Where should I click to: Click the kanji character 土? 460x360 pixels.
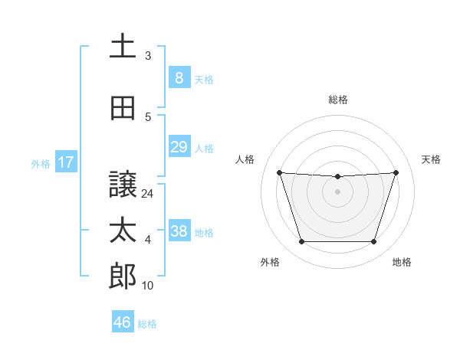(123, 47)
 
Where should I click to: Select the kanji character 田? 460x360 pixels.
(123, 109)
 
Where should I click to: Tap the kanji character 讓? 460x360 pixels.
(123, 185)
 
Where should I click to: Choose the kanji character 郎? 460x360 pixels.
(123, 277)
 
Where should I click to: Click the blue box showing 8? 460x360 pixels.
(179, 78)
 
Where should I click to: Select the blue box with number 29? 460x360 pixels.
(179, 147)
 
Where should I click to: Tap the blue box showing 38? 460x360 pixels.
(179, 231)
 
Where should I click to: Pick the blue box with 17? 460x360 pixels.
(66, 162)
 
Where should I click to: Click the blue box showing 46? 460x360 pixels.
(123, 322)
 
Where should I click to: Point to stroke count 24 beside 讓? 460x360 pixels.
(148, 195)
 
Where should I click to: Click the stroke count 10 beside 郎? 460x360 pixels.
(148, 286)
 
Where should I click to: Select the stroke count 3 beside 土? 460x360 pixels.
(148, 56)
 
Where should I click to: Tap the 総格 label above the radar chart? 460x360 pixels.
(337, 100)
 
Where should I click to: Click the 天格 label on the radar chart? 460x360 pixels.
(431, 159)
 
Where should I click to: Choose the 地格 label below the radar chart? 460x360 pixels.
(402, 262)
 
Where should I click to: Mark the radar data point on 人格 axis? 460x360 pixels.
(279, 172)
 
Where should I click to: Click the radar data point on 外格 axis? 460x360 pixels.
(301, 242)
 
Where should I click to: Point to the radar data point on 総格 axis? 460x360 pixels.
(337, 177)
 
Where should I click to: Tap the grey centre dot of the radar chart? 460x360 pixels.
(337, 191)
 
